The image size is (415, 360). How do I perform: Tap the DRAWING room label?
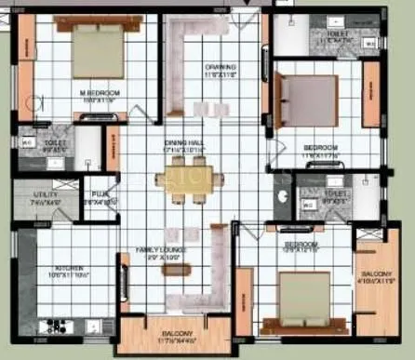220,67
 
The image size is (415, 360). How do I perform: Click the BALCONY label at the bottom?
175,333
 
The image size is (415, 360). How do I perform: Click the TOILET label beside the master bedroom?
58,143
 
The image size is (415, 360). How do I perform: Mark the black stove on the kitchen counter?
52,326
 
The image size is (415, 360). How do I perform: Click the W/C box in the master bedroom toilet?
27,142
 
